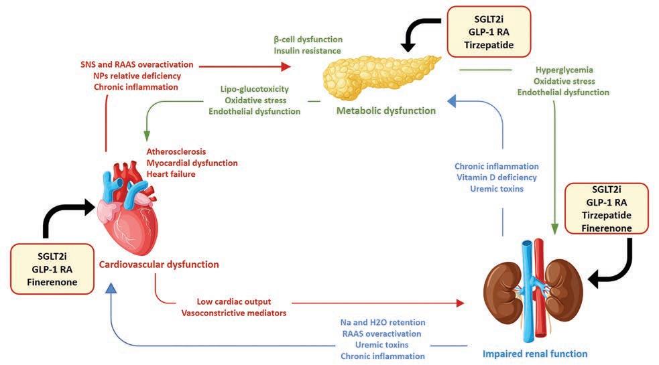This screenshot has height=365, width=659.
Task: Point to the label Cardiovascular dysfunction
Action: click(159, 265)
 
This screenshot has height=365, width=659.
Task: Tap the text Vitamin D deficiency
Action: click(496, 177)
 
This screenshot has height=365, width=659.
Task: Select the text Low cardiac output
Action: click(233, 301)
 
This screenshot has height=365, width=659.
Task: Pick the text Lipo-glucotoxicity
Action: click(259, 88)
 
